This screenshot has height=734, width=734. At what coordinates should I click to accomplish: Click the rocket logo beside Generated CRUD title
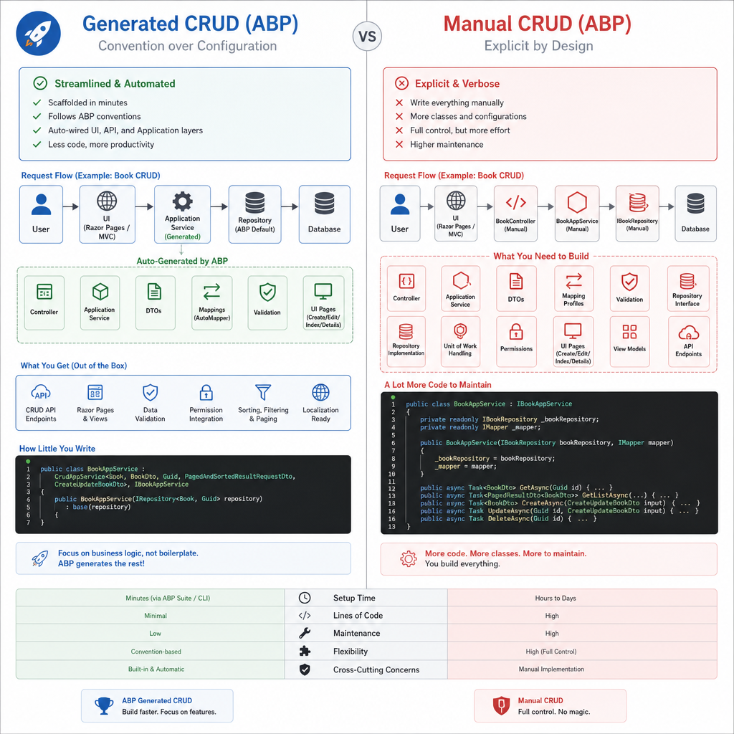pyautogui.click(x=39, y=34)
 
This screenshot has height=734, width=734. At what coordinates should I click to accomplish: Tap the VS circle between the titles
pyautogui.click(x=367, y=37)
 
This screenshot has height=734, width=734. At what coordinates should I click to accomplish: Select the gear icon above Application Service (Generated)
pyautogui.click(x=182, y=201)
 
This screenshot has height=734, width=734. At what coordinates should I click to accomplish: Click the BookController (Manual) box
pyautogui.click(x=515, y=214)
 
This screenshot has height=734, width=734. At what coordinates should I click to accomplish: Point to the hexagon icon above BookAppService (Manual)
pyautogui.click(x=577, y=203)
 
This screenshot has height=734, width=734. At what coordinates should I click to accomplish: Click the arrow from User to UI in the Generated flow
pyautogui.click(x=71, y=206)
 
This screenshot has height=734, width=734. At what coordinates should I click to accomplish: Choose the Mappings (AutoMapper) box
pyautogui.click(x=211, y=303)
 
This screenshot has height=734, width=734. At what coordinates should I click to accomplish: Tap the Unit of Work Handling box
pyautogui.click(x=460, y=342)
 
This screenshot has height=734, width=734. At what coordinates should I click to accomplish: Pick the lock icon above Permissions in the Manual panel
pyautogui.click(x=516, y=331)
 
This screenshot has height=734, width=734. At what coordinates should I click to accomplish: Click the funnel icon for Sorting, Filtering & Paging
pyautogui.click(x=263, y=392)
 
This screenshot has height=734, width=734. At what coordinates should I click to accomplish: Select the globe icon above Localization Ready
pyautogui.click(x=320, y=392)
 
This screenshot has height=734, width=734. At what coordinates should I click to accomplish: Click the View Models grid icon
pyautogui.click(x=629, y=331)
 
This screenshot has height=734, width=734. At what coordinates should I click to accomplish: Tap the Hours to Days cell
pyautogui.click(x=556, y=598)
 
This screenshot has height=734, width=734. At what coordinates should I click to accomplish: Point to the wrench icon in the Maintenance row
pyautogui.click(x=305, y=634)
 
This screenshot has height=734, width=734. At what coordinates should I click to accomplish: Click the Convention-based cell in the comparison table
pyautogui.click(x=156, y=651)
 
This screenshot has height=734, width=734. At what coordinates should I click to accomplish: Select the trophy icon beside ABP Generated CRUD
pyautogui.click(x=104, y=705)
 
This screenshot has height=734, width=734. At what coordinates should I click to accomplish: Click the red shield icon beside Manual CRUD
pyautogui.click(x=501, y=705)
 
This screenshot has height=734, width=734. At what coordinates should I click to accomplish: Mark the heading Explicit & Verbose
pyautogui.click(x=457, y=84)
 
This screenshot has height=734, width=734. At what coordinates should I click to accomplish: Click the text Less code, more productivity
pyautogui.click(x=101, y=145)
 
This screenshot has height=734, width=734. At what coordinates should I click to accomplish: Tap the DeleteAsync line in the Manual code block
pyautogui.click(x=508, y=519)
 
